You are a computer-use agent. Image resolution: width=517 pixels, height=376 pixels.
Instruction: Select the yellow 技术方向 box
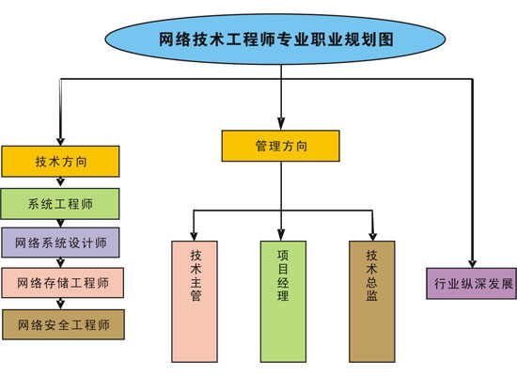pos(61,162)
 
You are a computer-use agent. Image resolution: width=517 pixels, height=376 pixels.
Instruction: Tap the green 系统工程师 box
pos(61,203)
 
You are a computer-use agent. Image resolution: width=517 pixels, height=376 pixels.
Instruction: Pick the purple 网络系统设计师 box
pos(61,243)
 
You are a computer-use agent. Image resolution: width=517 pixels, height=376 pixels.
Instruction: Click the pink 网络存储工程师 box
pos(61,282)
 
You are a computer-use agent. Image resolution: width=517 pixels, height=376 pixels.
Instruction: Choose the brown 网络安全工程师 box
pos(61,324)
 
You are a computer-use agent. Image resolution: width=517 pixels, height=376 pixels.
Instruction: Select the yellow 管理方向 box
pos(280,147)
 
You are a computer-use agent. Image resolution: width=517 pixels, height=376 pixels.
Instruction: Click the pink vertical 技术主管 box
pos(195,301)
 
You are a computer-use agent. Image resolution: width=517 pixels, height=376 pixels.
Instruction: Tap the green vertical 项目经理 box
pos(283,301)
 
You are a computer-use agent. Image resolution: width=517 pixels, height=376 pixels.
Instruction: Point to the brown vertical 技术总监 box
pos(372,301)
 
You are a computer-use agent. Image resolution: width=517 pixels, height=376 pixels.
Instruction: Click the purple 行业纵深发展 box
pos(471,283)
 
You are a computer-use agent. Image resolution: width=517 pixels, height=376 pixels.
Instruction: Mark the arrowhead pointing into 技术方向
pos(61,140)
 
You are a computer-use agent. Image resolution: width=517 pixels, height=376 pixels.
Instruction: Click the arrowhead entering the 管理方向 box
pos(280,126)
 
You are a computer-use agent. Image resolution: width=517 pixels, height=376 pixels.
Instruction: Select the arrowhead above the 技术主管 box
pos(195,235)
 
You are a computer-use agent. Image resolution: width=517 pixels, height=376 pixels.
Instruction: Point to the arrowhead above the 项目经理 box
pos(283,235)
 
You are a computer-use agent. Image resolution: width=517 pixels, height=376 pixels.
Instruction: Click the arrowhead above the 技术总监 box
pos(372,235)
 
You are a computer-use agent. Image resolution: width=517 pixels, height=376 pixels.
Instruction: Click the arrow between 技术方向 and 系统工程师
pos(61,182)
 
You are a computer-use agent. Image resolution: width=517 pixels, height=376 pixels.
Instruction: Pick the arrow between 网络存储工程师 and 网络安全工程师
pos(61,304)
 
